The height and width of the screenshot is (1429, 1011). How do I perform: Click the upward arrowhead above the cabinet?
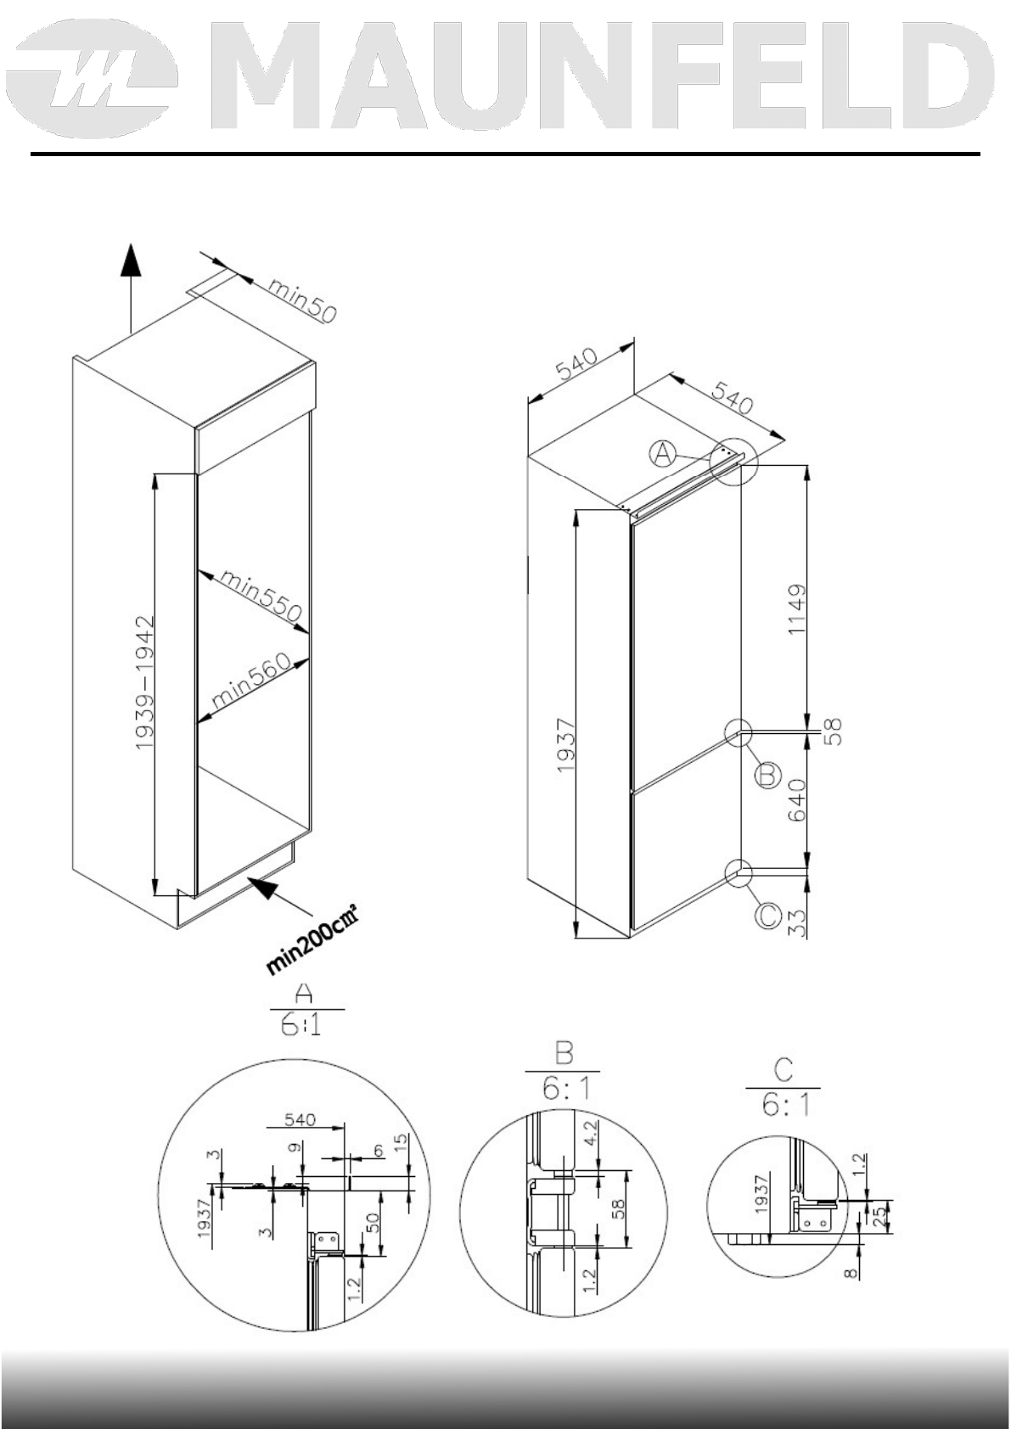point(129,258)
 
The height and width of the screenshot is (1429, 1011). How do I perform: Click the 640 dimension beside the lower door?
point(797,800)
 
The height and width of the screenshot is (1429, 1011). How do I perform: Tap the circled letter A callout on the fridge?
point(664,455)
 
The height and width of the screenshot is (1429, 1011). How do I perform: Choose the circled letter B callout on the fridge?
point(767,774)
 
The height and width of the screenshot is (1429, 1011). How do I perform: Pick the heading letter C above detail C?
point(783,1072)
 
